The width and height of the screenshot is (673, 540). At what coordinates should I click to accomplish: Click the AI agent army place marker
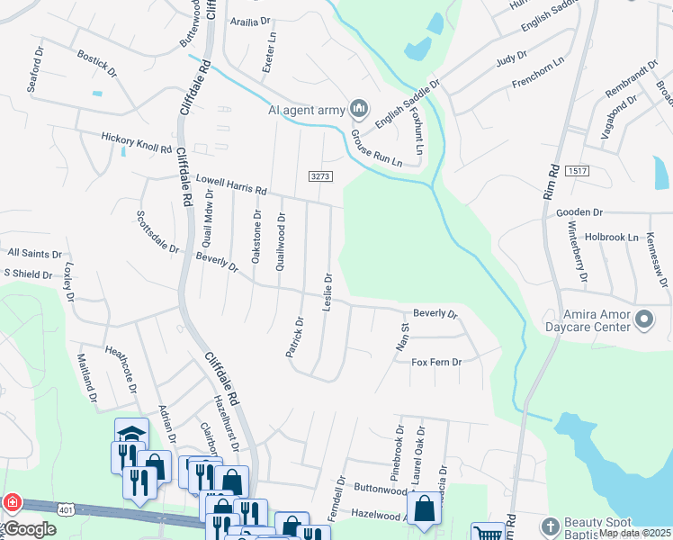click(359, 110)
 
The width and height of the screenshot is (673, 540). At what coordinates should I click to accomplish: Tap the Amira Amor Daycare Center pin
click(644, 319)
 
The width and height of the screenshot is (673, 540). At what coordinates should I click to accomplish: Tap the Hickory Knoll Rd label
click(136, 142)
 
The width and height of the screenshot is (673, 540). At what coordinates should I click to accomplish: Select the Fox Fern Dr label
click(436, 362)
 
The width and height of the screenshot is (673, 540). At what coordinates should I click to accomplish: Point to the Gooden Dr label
click(579, 212)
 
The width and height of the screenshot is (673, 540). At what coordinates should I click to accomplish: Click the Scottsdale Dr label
click(157, 232)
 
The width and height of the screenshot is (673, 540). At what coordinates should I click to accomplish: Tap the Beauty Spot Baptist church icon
click(551, 526)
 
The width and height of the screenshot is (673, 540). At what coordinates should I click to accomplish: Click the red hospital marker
click(13, 502)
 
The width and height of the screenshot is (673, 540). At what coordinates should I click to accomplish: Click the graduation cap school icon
click(131, 432)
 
